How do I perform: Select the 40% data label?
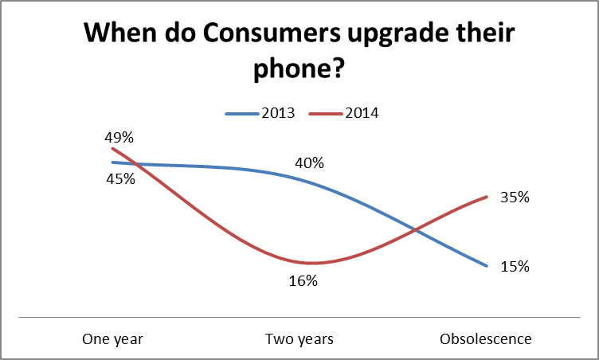click(309, 163)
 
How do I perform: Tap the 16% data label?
click(304, 280)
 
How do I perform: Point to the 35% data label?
click(515, 198)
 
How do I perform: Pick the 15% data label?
click(515, 267)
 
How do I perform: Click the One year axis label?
click(112, 339)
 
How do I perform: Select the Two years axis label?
click(299, 339)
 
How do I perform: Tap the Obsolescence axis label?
click(485, 339)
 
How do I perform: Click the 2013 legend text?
click(278, 113)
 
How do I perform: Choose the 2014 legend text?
click(362, 113)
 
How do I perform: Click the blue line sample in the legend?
click(241, 113)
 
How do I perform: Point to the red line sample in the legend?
click(325, 113)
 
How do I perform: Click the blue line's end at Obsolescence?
click(486, 266)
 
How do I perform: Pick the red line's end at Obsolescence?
click(486, 197)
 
